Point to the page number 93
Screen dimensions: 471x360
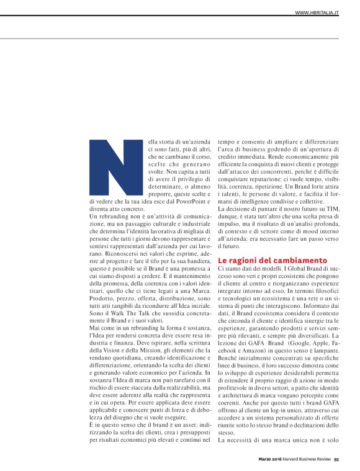point(336,459)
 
